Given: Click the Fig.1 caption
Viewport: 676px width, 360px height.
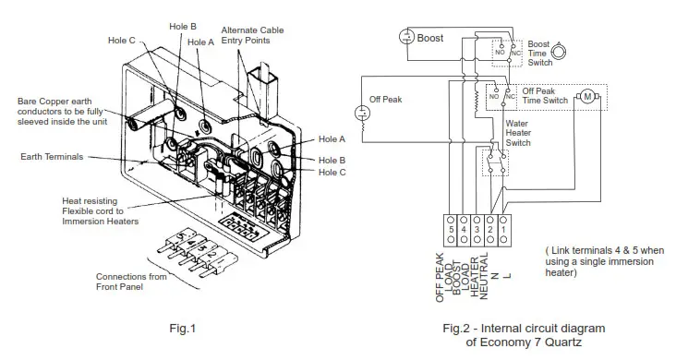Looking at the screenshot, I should [182, 328].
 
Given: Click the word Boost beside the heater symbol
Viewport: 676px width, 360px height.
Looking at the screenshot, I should [432, 38].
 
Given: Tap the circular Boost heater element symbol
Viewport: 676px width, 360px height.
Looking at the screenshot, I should [405, 37].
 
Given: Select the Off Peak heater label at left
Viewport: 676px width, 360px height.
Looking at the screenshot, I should [386, 99].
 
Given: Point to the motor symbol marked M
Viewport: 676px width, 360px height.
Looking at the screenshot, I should [587, 96].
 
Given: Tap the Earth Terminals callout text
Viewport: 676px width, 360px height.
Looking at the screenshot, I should [51, 157].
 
